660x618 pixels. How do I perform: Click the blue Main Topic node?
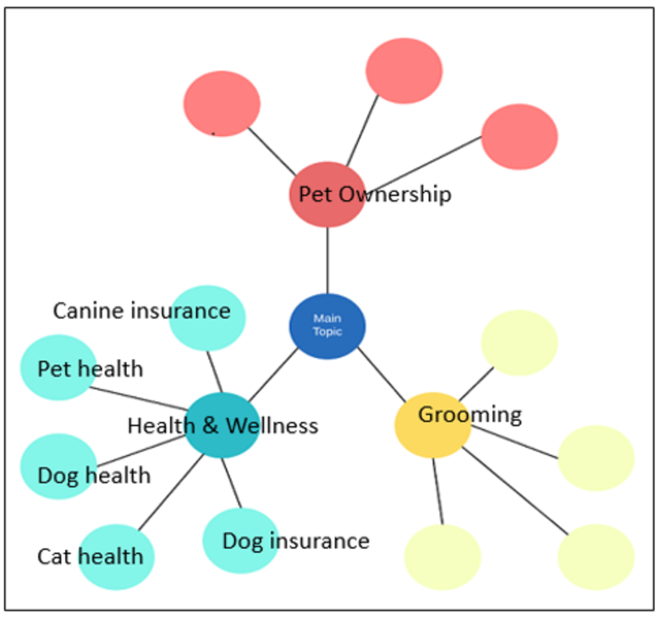tap(327, 326)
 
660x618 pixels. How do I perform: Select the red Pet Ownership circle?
tap(327, 195)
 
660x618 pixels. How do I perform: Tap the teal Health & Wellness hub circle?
tap(222, 426)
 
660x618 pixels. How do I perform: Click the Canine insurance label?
tap(141, 311)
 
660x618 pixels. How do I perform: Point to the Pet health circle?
tap(59, 368)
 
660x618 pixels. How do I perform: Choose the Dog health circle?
tap(59, 467)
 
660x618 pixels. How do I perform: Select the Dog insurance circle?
tap(240, 540)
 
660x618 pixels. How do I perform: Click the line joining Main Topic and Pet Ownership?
tap(328, 260)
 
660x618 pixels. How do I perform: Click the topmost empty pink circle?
tap(404, 71)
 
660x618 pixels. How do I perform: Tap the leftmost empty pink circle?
tap(222, 104)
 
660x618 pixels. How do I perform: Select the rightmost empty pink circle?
tap(520, 137)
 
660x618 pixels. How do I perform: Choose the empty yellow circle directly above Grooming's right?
tap(519, 342)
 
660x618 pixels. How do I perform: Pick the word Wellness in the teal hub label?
tap(271, 426)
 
